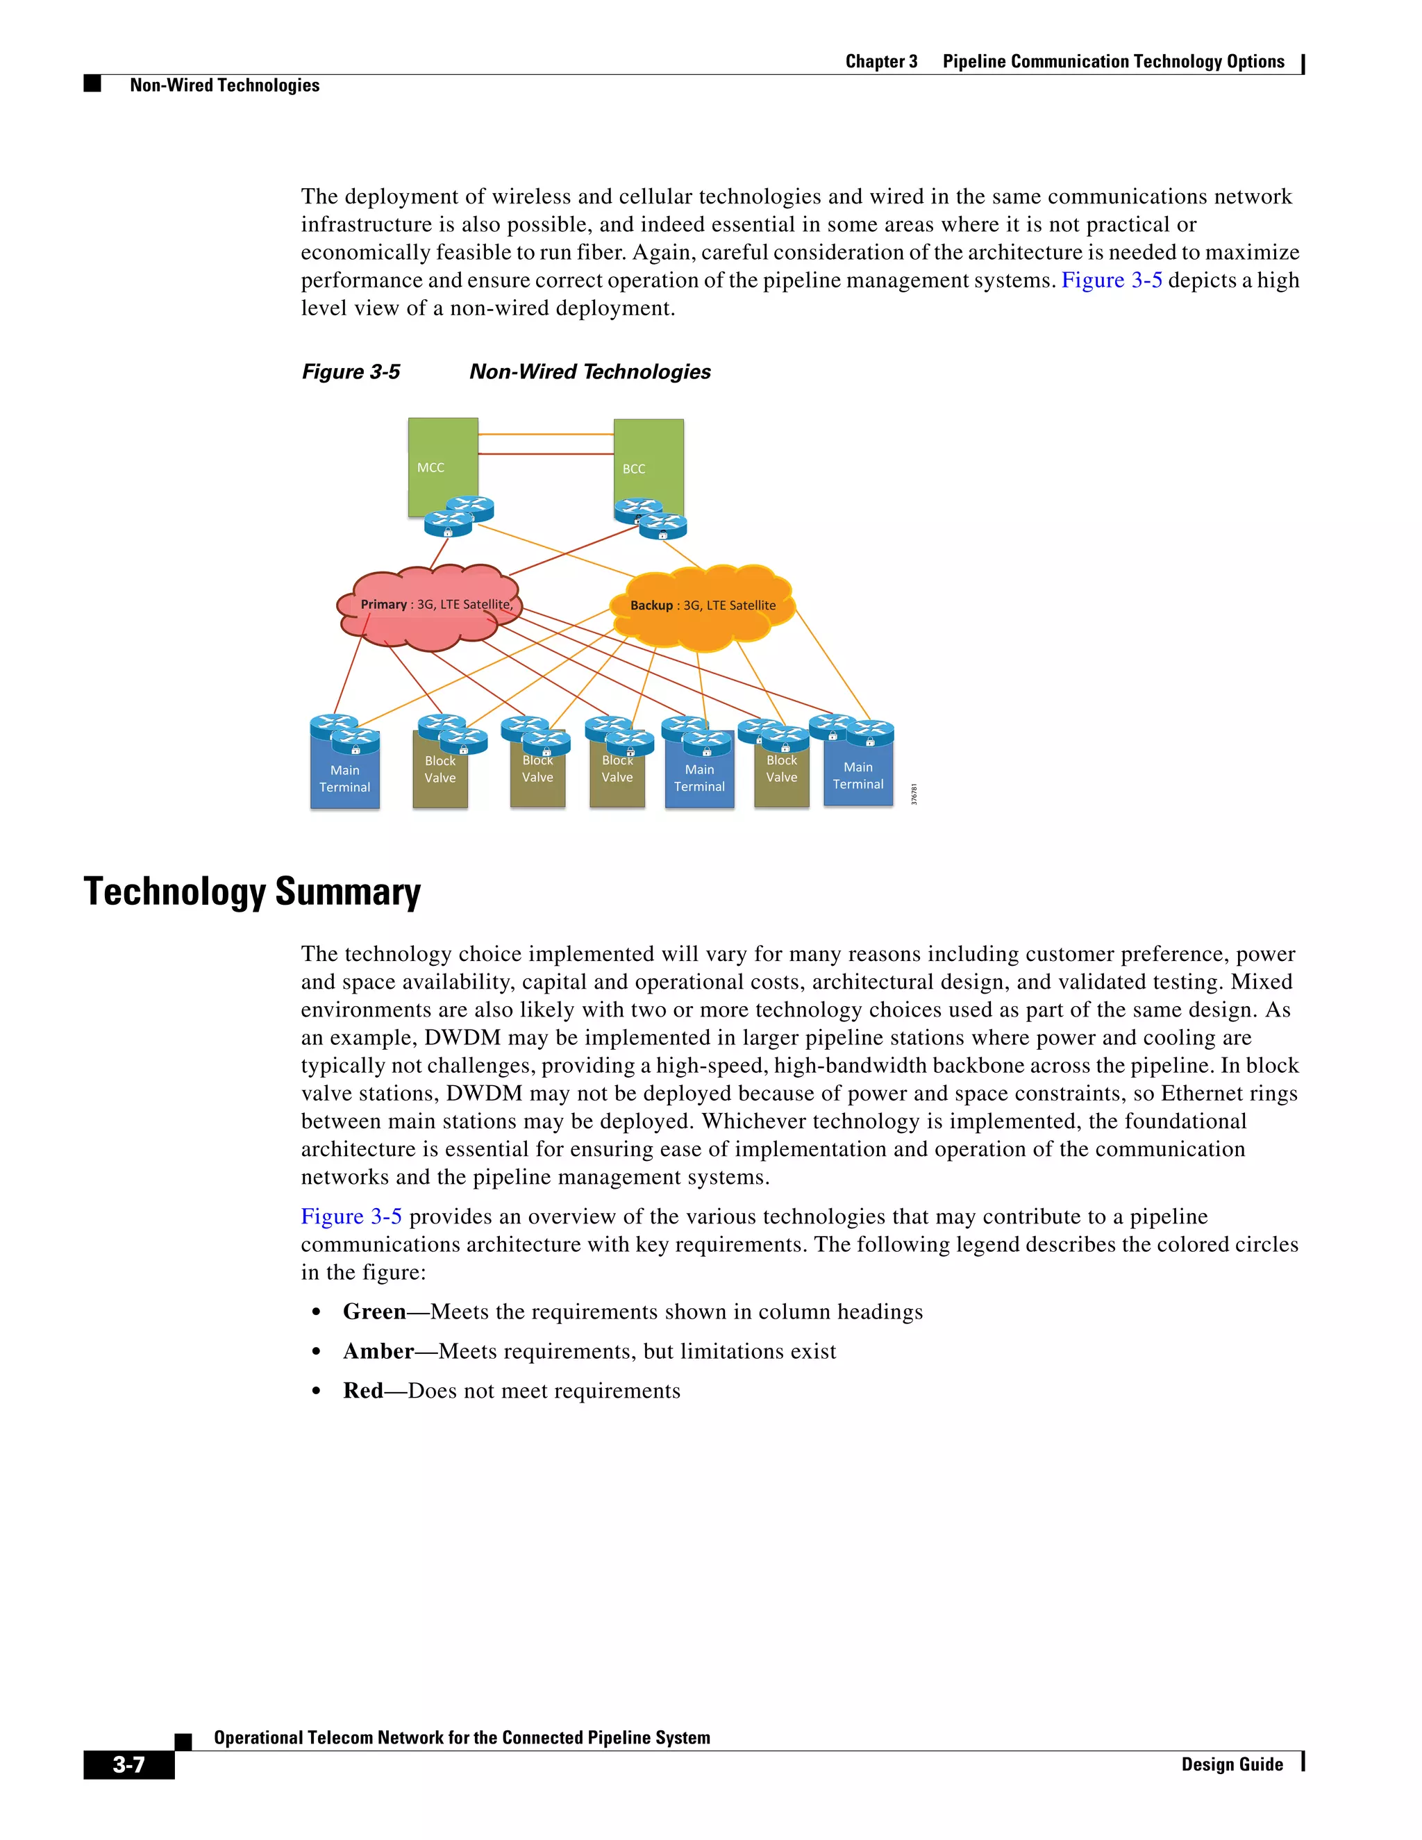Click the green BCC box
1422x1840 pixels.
click(x=648, y=459)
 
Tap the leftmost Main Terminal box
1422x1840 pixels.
click(x=344, y=779)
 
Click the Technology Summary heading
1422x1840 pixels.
click(x=252, y=892)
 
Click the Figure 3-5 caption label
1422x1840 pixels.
click(x=351, y=371)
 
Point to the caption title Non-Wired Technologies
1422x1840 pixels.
click(x=589, y=371)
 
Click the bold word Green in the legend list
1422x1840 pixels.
click(x=374, y=1312)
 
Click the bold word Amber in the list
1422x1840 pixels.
click(x=378, y=1351)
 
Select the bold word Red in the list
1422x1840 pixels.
click(x=363, y=1391)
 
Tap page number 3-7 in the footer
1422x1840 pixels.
click(x=129, y=1764)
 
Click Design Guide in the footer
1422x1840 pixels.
click(x=1232, y=1764)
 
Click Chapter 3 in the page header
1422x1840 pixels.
click(x=880, y=62)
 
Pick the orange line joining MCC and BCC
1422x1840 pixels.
click(x=546, y=434)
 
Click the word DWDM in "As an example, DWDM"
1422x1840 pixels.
click(x=462, y=1038)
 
